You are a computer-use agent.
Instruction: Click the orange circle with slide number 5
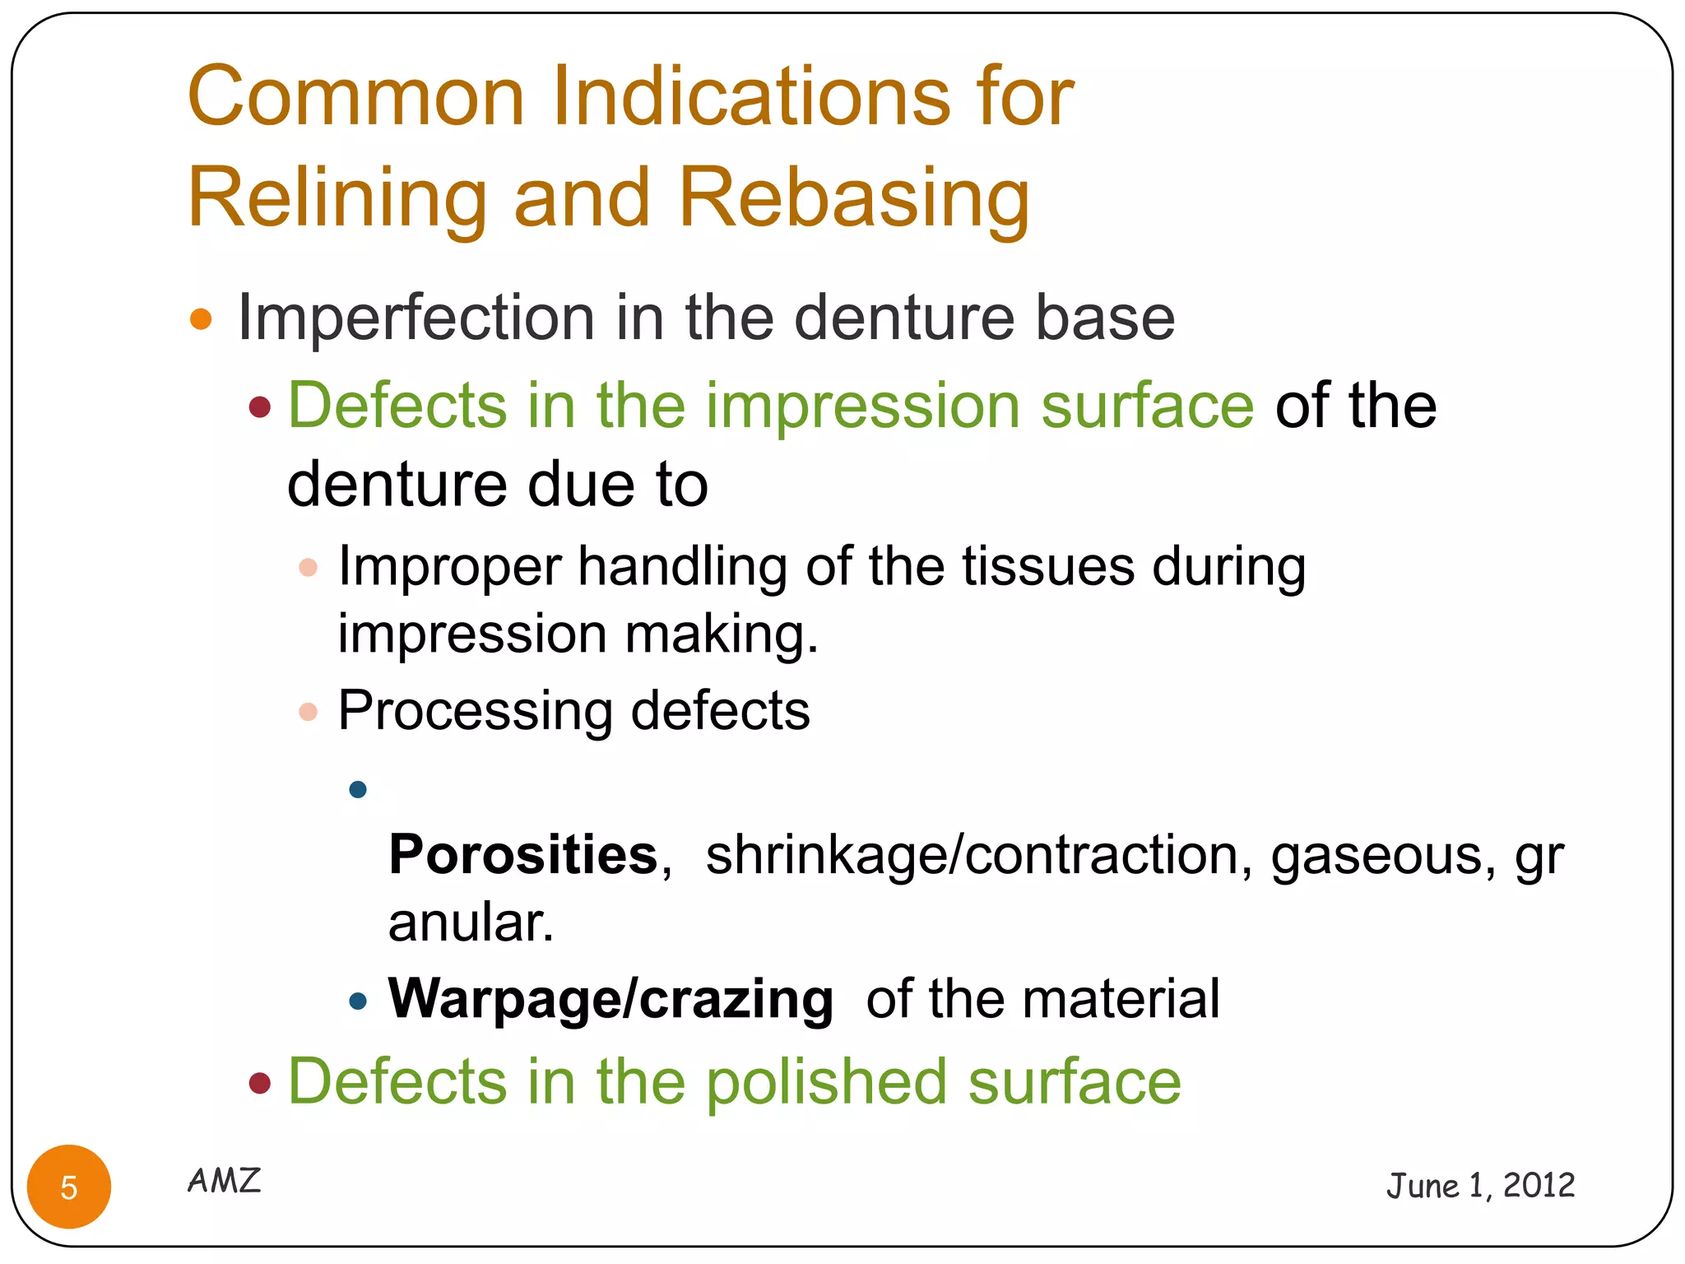click(69, 1187)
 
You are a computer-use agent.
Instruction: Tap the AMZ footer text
click(224, 1181)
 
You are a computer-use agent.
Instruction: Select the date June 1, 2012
click(1480, 1186)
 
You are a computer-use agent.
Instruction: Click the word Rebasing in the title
click(853, 197)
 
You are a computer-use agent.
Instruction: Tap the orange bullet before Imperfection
click(201, 318)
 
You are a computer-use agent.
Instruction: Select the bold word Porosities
click(523, 854)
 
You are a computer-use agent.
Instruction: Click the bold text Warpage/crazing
click(610, 999)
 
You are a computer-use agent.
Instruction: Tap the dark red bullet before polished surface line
click(260, 1083)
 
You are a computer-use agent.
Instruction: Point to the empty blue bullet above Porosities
click(358, 790)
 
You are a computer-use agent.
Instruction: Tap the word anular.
click(471, 922)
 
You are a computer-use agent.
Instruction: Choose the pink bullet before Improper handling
click(308, 567)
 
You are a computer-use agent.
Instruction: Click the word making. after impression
click(722, 634)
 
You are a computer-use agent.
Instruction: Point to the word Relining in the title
click(337, 197)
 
